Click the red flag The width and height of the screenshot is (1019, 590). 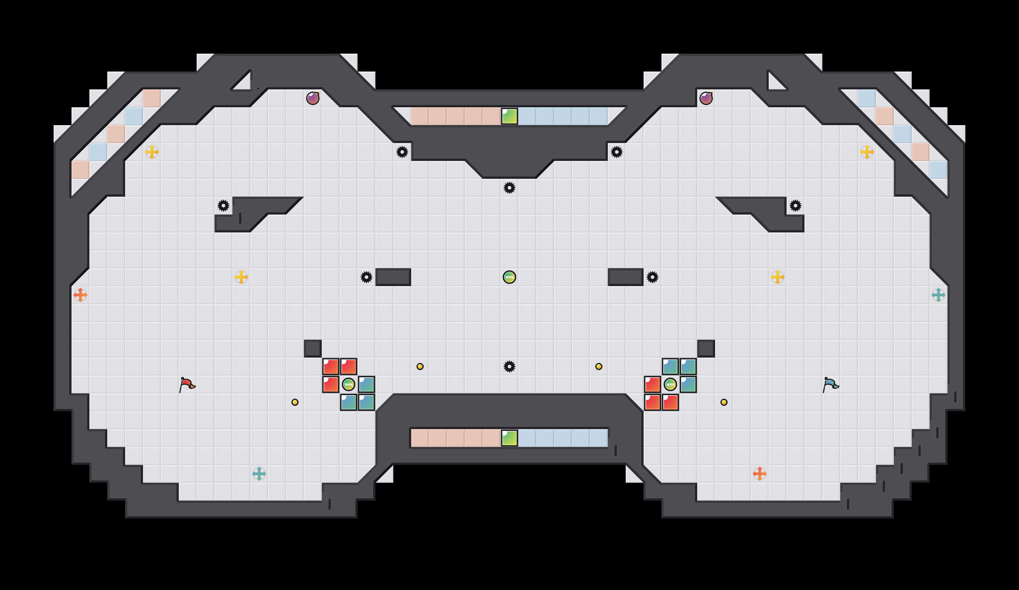pos(187,384)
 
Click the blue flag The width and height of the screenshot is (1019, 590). pos(830,384)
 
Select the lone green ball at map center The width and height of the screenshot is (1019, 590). pos(509,277)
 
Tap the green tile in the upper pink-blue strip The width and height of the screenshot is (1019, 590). pos(509,116)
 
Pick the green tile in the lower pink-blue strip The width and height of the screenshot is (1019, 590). pos(509,438)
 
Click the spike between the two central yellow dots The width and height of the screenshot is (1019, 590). pos(509,367)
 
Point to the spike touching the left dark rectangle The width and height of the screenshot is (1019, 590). pos(366,277)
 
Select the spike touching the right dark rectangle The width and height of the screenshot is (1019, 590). pos(653,277)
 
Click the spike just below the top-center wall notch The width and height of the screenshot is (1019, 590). pos(509,188)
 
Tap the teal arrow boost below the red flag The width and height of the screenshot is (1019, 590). pos(259,474)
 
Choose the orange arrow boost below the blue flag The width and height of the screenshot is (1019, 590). pos(760,474)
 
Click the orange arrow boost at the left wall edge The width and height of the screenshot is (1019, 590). pos(80,295)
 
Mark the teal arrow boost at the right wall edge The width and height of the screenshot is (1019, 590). pos(939,295)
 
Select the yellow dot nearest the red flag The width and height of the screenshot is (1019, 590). pos(295,402)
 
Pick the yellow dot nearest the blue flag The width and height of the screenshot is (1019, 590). pos(724,402)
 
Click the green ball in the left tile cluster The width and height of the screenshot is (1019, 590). pos(349,384)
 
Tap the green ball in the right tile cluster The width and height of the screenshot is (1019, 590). pos(670,384)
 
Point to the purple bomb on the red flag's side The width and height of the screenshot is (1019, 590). pos(313,98)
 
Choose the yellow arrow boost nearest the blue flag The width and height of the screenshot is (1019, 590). pos(778,277)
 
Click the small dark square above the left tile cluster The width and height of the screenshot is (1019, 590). pos(313,349)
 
